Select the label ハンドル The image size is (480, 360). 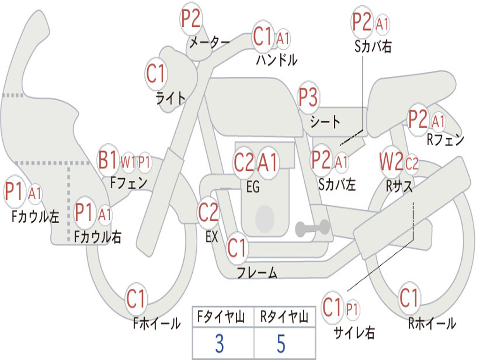click(277, 60)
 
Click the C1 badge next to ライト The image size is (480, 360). click(156, 74)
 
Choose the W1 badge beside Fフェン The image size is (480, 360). click(128, 163)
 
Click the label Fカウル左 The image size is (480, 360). click(35, 217)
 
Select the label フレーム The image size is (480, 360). click(257, 272)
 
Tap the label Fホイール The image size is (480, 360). click(157, 323)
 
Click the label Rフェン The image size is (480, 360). click(445, 140)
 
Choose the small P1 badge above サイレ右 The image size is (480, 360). click(352, 309)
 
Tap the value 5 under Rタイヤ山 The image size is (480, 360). click(281, 344)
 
